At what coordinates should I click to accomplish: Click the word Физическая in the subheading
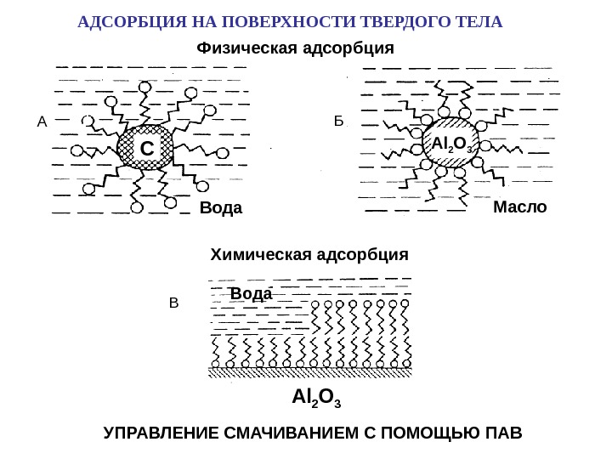[x=246, y=46]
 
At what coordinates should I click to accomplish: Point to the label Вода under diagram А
[x=220, y=208]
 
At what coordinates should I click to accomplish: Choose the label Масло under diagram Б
[x=519, y=207]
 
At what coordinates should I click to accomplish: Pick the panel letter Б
[x=338, y=122]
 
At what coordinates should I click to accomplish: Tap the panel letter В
[x=174, y=303]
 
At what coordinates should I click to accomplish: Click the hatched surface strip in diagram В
[x=311, y=371]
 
